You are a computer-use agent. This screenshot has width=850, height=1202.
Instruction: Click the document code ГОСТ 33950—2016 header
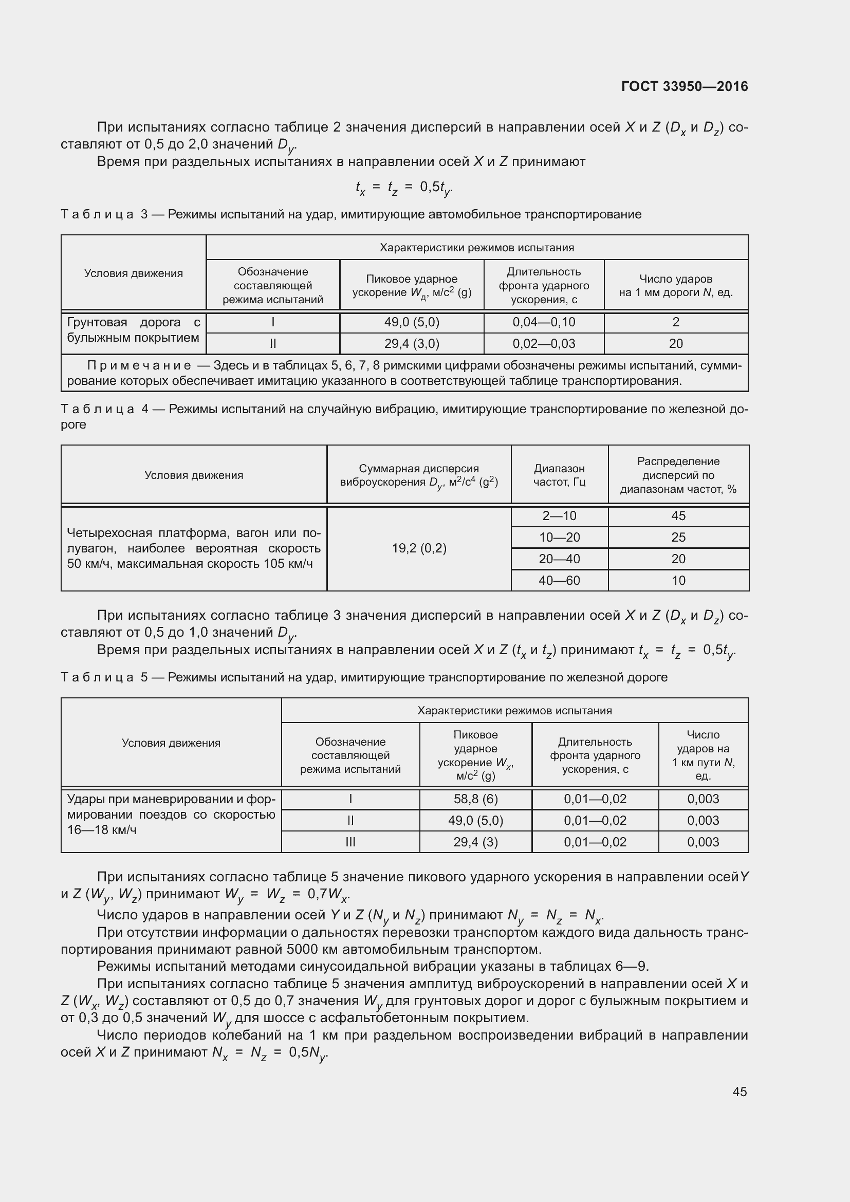(684, 86)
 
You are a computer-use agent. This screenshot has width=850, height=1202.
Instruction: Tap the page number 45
(740, 1092)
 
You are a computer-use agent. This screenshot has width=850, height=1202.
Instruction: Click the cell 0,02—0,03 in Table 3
(543, 343)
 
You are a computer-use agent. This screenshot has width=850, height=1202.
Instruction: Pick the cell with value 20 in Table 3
(675, 343)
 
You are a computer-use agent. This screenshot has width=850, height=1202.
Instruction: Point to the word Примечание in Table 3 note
(139, 365)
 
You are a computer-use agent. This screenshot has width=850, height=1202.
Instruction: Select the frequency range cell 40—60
(559, 580)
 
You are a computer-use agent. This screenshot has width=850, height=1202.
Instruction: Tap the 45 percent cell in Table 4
(678, 515)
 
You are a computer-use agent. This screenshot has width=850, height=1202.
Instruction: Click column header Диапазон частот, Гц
(559, 475)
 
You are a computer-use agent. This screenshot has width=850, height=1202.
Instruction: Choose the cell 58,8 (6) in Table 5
(475, 799)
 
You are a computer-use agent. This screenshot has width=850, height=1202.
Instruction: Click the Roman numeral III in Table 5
(350, 842)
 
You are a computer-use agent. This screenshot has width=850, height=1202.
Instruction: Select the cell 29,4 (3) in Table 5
(475, 842)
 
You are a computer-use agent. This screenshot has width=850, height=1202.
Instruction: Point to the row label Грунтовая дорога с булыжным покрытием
(134, 330)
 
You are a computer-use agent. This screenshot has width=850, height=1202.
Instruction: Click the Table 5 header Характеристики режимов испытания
(514, 710)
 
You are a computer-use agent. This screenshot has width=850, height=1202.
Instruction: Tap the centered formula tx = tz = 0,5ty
(403, 188)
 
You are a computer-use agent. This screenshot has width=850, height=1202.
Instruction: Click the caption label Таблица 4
(105, 409)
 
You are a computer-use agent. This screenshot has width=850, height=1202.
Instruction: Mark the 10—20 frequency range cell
(559, 537)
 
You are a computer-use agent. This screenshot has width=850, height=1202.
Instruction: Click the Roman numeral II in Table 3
(273, 343)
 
